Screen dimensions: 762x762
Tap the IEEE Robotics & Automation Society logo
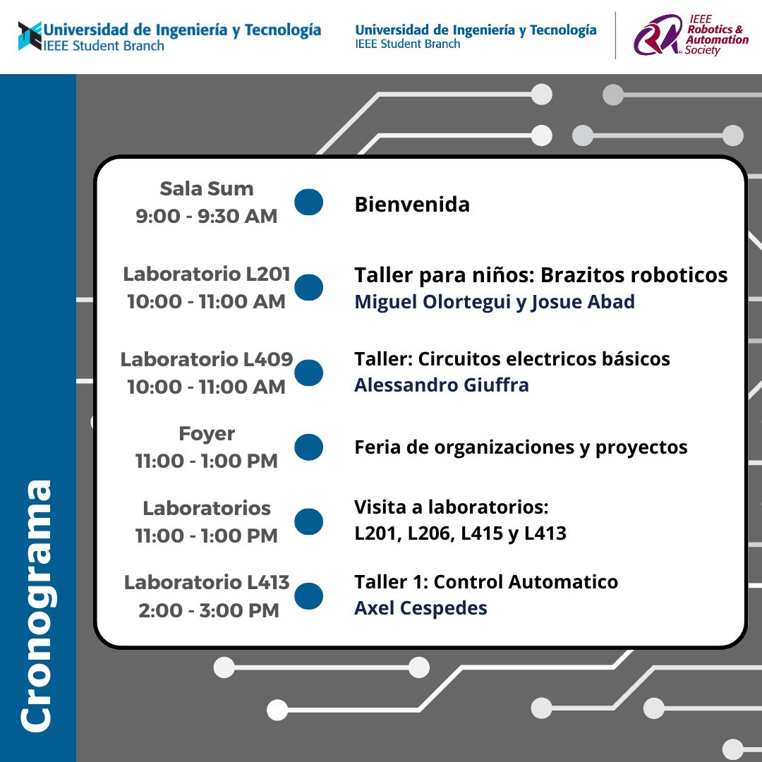(x=691, y=35)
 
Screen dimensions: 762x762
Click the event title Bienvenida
(x=412, y=204)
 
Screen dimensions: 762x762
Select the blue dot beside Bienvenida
(x=308, y=202)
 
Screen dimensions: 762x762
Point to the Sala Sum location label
(x=207, y=188)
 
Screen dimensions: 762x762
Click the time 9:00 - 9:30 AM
(x=207, y=217)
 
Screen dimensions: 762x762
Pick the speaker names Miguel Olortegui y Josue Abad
(x=495, y=302)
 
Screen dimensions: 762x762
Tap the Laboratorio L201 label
(x=207, y=274)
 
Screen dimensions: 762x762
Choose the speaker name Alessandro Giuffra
(x=442, y=385)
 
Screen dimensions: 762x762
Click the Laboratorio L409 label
(x=207, y=360)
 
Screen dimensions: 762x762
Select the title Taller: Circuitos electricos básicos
(x=512, y=358)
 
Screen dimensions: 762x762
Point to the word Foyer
(x=207, y=433)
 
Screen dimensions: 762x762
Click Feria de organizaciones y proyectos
(x=521, y=447)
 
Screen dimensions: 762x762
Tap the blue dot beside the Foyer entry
(x=308, y=447)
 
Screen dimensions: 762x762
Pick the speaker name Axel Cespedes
(x=421, y=608)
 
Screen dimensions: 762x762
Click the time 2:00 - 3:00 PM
(x=209, y=610)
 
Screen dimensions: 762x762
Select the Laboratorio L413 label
(x=207, y=582)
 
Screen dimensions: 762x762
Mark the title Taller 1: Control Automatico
(x=486, y=581)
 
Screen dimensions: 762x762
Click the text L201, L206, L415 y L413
(x=461, y=533)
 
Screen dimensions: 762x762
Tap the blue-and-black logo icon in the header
(x=30, y=36)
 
